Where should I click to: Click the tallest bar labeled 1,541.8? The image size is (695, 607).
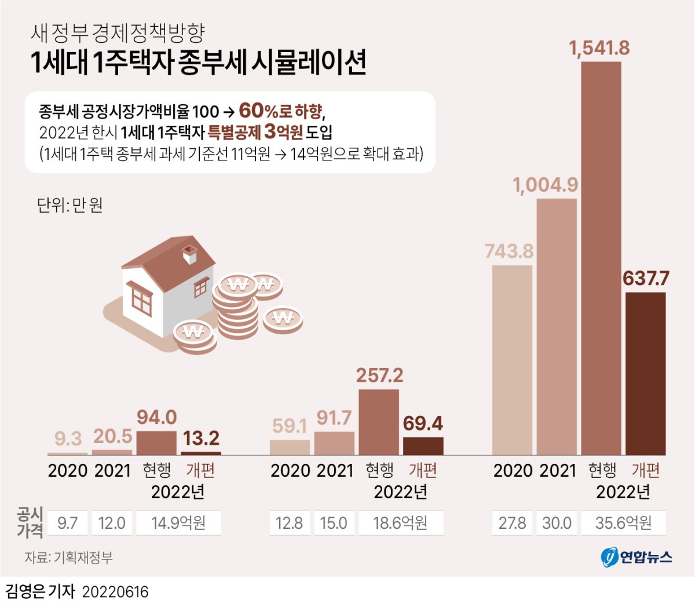[x=601, y=258]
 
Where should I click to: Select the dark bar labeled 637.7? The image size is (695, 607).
[x=645, y=374]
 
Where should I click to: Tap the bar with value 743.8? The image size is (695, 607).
[x=512, y=360]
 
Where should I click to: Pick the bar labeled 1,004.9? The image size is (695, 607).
[x=557, y=327]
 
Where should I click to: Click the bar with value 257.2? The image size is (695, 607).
[x=379, y=422]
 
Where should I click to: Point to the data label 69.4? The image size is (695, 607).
[x=423, y=423]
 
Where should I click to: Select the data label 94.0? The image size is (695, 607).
[x=156, y=417]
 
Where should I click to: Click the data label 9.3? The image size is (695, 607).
[x=68, y=438]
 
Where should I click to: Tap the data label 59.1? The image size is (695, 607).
[x=290, y=426]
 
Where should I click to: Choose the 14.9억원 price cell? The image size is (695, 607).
[x=178, y=523]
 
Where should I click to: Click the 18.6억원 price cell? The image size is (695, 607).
[x=401, y=523]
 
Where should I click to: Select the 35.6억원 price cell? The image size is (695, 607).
[x=623, y=523]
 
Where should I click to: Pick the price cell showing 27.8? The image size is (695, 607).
[x=512, y=523]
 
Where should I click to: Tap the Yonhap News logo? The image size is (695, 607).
[x=636, y=557]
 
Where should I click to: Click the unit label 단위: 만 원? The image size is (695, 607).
[x=69, y=205]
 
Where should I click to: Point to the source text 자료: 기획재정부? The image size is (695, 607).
[x=68, y=558]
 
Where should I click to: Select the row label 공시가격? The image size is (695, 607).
[x=30, y=522]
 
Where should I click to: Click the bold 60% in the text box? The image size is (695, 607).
[x=258, y=110]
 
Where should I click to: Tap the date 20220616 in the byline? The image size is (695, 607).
[x=115, y=592]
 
